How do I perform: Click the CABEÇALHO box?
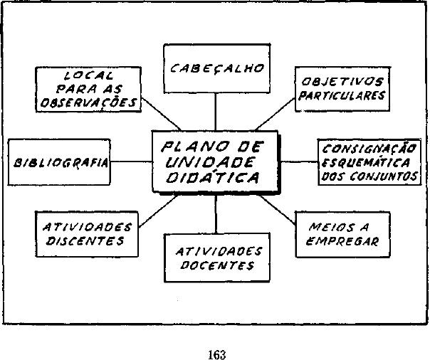pyautogui.click(x=216, y=68)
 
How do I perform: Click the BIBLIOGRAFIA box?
pyautogui.click(x=60, y=162)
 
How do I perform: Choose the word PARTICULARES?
pyautogui.click(x=342, y=95)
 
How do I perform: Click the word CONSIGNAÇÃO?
pyautogui.click(x=369, y=149)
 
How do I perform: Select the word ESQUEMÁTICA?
pyautogui.click(x=369, y=163)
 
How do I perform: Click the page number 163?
pyautogui.click(x=218, y=354)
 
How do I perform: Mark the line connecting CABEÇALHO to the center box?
pyautogui.click(x=216, y=112)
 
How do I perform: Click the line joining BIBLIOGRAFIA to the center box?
pyautogui.click(x=132, y=162)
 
